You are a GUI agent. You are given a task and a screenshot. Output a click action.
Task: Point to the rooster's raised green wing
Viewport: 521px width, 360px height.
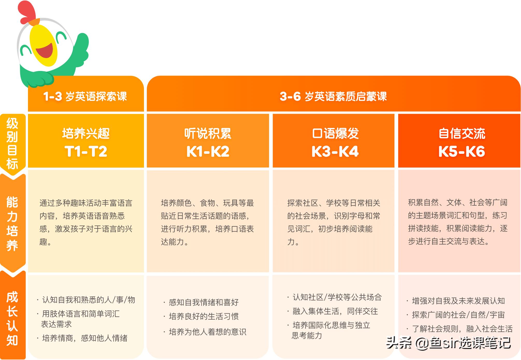(x=80, y=51)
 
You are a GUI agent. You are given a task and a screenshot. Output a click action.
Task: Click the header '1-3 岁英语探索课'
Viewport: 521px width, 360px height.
(x=85, y=96)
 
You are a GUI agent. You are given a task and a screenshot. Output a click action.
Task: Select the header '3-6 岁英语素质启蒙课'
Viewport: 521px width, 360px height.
(x=333, y=96)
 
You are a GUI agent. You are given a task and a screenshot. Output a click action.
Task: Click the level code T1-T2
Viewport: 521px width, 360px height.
(x=86, y=151)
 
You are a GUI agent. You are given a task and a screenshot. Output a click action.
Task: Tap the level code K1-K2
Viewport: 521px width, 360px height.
(x=208, y=151)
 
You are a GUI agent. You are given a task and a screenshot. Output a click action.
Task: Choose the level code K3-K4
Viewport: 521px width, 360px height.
(x=335, y=151)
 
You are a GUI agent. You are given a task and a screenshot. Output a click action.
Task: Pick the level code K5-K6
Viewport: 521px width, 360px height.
(x=461, y=151)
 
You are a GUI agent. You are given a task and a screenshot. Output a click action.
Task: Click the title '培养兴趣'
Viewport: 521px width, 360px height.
(x=86, y=134)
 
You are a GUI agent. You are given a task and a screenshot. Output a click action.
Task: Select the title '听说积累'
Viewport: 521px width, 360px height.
(x=208, y=134)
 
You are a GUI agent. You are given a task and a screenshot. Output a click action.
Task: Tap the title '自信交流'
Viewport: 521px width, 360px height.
(x=462, y=134)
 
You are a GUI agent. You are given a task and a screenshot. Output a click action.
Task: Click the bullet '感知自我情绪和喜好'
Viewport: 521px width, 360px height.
(x=204, y=302)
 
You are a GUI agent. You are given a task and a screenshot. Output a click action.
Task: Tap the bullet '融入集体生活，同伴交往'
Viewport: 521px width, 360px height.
(x=335, y=311)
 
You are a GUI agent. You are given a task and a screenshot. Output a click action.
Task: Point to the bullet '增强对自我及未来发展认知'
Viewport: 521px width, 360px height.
(x=458, y=301)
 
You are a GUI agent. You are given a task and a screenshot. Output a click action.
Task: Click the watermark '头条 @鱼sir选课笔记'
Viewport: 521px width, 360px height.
(x=448, y=343)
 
